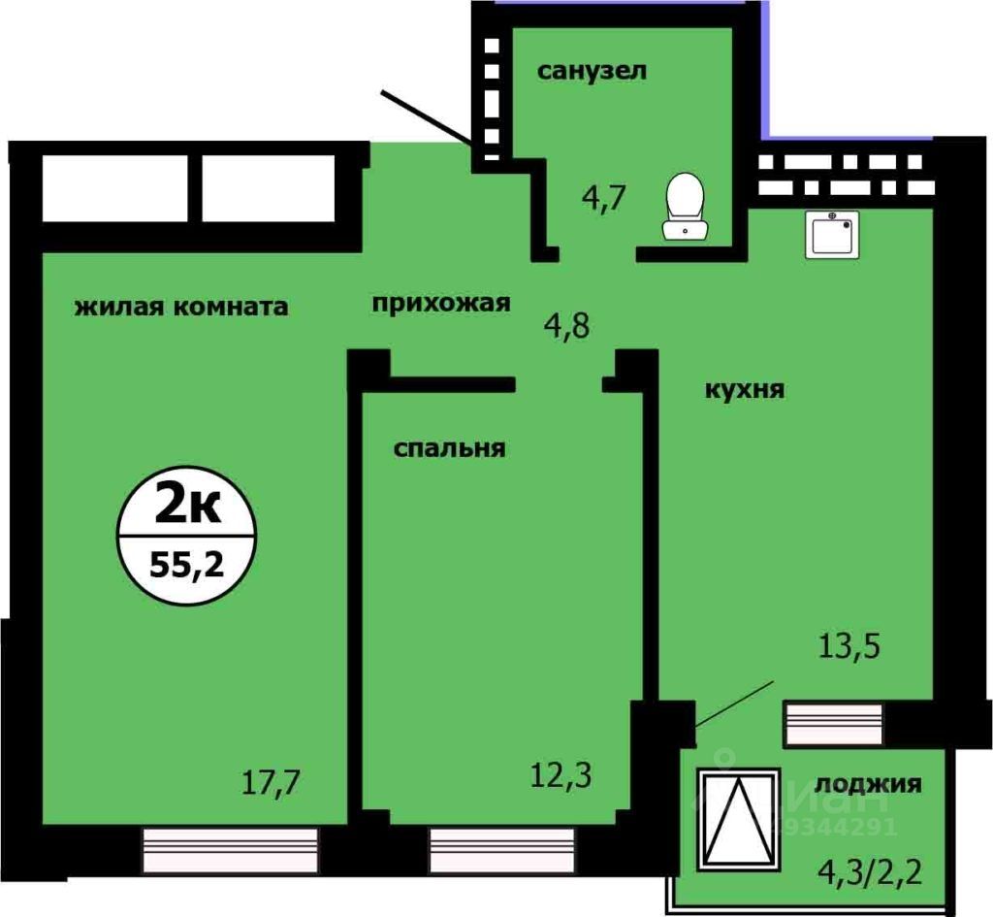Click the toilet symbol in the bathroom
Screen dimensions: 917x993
pyautogui.click(x=686, y=205)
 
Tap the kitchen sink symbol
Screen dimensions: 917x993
pyautogui.click(x=832, y=234)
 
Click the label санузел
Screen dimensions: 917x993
pyautogui.click(x=592, y=71)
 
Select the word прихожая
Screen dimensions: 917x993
pyautogui.click(x=441, y=303)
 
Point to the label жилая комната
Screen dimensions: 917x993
pyautogui.click(x=181, y=308)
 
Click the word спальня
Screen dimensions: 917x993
pyautogui.click(x=450, y=448)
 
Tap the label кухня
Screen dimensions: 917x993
pyautogui.click(x=745, y=390)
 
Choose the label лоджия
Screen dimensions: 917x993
pyautogui.click(x=868, y=784)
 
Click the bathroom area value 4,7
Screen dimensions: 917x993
pyautogui.click(x=606, y=198)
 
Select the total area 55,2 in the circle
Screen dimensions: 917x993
pyautogui.click(x=184, y=563)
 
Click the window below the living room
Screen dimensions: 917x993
pyautogui.click(x=230, y=849)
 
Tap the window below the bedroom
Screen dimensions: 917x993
pyautogui.click(x=502, y=849)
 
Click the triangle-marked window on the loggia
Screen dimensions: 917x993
pyautogui.click(x=738, y=818)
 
